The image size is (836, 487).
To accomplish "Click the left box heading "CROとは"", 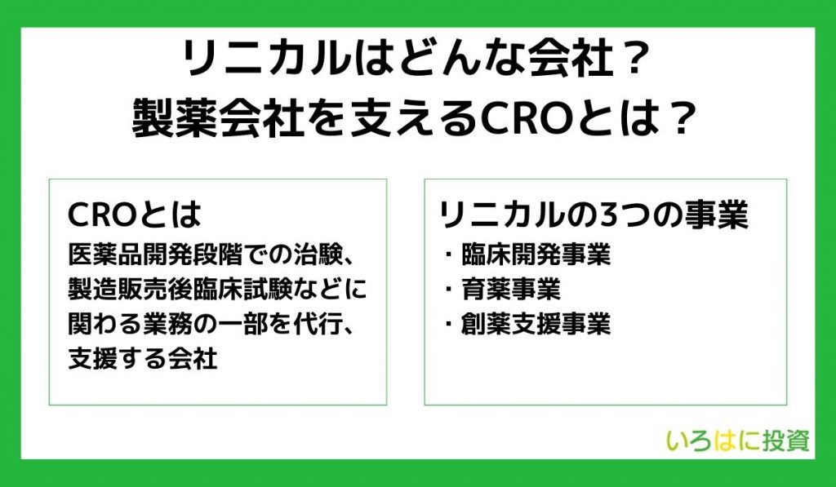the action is click(x=135, y=215).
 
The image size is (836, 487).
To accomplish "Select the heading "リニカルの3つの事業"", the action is click(x=594, y=215).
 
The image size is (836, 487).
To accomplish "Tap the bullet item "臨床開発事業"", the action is click(x=536, y=255).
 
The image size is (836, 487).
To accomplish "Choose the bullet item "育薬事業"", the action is click(x=511, y=289).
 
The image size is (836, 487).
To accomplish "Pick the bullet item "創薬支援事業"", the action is click(x=536, y=323).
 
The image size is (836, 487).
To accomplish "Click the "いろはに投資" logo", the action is click(x=738, y=441).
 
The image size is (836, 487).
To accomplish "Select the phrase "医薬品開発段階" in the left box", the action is click(x=155, y=255).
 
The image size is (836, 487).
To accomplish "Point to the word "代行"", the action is click(x=317, y=324).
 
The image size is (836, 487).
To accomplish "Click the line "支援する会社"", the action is click(x=142, y=359).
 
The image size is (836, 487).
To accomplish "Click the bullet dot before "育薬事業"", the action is click(x=448, y=290).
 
